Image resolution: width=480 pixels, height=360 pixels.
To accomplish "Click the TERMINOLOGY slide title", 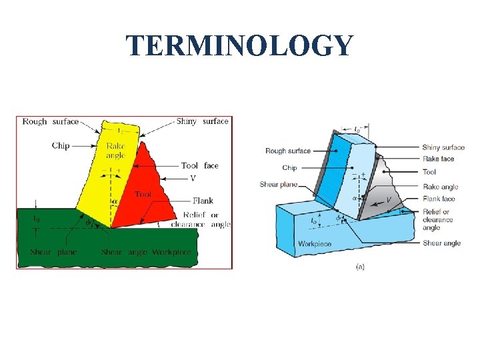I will click(x=239, y=46).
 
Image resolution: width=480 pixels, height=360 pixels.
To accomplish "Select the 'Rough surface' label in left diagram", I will click(x=50, y=122).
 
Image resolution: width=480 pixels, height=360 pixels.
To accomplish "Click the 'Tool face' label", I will click(x=199, y=165).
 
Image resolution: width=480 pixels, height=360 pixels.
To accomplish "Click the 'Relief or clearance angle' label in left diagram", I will click(x=201, y=219).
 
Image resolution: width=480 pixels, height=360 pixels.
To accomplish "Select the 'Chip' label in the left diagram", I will click(x=61, y=145).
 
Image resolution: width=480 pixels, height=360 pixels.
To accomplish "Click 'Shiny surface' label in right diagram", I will click(x=443, y=147).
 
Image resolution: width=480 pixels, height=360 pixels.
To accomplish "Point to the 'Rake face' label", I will click(x=438, y=159).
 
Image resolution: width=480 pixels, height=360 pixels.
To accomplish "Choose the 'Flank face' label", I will click(x=439, y=199).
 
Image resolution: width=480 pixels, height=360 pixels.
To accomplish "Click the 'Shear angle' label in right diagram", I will click(x=441, y=243).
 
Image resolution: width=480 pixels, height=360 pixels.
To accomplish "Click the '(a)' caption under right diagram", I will click(x=361, y=266).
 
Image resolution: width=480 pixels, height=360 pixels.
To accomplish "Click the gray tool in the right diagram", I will click(x=385, y=190).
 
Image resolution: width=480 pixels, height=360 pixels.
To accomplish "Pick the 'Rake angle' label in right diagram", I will click(x=440, y=187).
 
